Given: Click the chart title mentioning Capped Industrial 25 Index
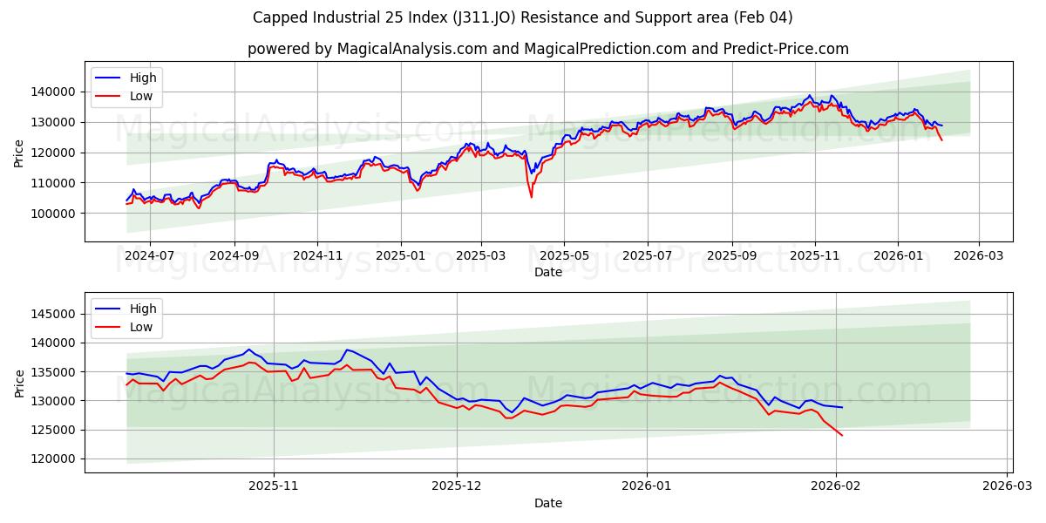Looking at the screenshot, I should click(x=522, y=17).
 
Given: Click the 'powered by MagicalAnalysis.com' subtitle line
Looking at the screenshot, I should click(x=547, y=49).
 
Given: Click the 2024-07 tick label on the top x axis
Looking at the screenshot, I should click(x=149, y=256).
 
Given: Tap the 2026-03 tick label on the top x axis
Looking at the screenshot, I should click(x=978, y=256).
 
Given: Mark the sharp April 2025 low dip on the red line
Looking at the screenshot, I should click(x=531, y=197).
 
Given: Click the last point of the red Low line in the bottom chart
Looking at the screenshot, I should click(x=842, y=435).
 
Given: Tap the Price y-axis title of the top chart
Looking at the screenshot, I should click(x=19, y=153).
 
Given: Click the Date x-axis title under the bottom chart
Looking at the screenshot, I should click(x=547, y=503).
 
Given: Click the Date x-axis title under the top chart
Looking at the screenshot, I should click(x=547, y=272).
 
